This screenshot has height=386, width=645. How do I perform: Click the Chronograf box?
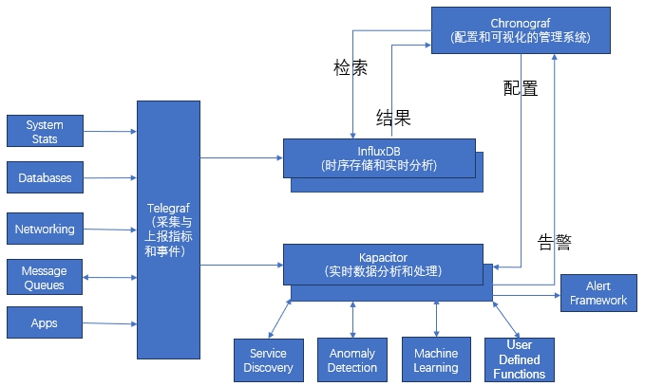pos(520,28)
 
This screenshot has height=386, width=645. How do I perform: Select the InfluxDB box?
pos(378,157)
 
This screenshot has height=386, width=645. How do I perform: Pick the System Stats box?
pos(44,132)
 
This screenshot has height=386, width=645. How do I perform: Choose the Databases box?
pos(45,177)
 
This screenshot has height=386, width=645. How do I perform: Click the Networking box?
pos(45,229)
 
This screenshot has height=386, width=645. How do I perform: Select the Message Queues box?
pos(44,278)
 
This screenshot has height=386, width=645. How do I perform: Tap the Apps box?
pos(45,322)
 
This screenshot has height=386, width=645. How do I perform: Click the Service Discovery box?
pos(268,360)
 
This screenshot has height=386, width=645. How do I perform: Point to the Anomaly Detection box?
pos(352,360)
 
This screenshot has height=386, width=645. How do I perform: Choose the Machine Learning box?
pos(436,360)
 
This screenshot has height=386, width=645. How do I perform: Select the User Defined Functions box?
pos(520,359)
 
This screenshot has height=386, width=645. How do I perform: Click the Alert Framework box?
pos(598,293)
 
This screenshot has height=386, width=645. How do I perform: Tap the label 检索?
pos(351,68)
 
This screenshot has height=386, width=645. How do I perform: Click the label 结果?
pos(393,119)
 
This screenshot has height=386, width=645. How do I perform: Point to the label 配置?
pos(521,88)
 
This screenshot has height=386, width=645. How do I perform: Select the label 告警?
pos(555,241)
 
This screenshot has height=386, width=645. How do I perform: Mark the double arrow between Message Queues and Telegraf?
pos(110,278)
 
